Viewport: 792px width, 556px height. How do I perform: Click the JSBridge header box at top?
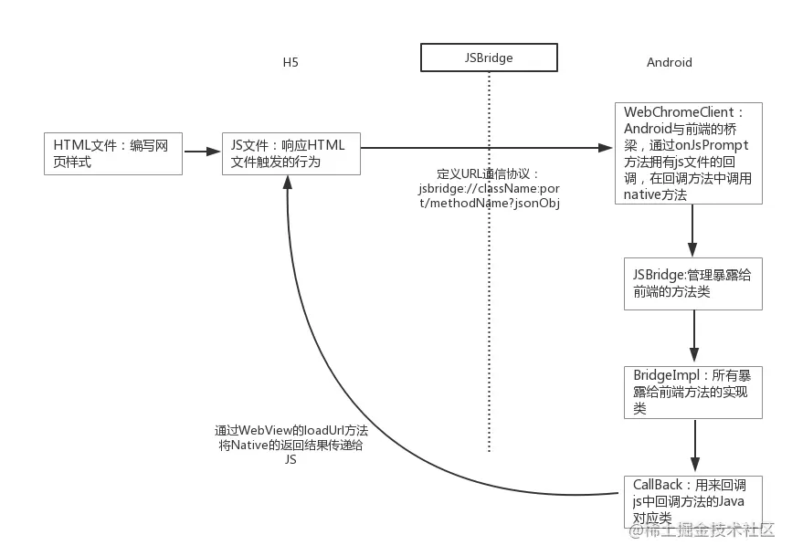coord(489,58)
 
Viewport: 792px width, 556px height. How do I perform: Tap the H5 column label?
coord(290,62)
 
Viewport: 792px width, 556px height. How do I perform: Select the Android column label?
coord(669,62)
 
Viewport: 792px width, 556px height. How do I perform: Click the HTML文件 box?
coord(113,152)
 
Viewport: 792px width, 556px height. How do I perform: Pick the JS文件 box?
coord(291,152)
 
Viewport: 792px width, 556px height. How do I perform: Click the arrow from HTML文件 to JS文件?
coord(202,152)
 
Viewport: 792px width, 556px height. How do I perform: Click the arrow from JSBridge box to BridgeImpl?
coord(693,337)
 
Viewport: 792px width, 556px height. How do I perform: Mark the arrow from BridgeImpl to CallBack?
coord(693,446)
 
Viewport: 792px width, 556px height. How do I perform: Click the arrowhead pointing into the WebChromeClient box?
coord(605,148)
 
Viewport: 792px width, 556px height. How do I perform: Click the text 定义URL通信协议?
coord(489,173)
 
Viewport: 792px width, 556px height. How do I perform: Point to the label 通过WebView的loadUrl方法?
coord(291,430)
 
